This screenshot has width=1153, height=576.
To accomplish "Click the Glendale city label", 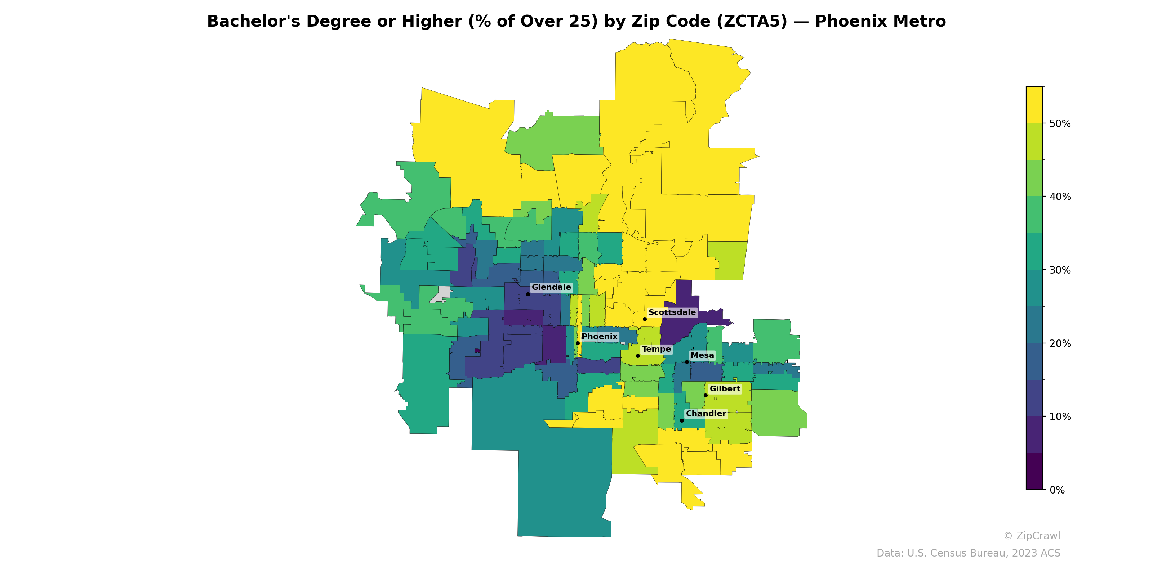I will click(551, 287).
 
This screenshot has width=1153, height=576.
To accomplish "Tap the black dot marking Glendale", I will click(528, 294).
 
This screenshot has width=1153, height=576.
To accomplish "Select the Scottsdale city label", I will click(672, 312).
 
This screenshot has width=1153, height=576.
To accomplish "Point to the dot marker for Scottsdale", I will click(645, 319).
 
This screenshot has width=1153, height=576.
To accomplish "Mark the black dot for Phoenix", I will click(578, 343).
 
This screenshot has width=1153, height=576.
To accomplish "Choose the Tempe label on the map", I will click(656, 349).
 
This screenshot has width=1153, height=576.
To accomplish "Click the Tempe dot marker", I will click(638, 356).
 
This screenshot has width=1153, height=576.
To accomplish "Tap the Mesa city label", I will click(702, 355).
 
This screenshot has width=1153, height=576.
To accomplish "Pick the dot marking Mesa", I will click(687, 362).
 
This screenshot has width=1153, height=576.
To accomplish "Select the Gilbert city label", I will click(725, 389).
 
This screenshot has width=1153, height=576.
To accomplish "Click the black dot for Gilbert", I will click(705, 395).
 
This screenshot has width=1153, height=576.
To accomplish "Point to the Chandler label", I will click(706, 413).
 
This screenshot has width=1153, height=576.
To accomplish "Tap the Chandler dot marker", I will click(682, 420).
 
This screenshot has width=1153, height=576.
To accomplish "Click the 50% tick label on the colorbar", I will click(1060, 123).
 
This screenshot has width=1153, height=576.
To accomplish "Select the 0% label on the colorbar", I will click(1057, 490).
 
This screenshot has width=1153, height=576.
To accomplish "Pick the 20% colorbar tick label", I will click(1060, 343).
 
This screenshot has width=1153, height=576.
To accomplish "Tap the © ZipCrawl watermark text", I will click(1032, 536).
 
